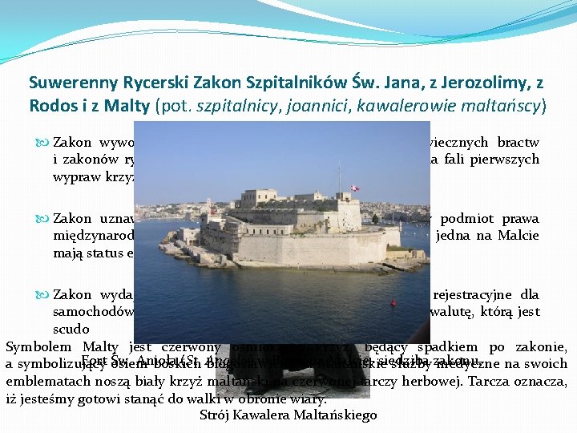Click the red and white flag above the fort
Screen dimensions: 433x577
click(355, 189)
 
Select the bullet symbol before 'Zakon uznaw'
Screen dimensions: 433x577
click(42, 219)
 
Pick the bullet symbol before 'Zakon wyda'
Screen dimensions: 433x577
click(42, 294)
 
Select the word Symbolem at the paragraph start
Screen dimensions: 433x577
click(35, 346)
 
